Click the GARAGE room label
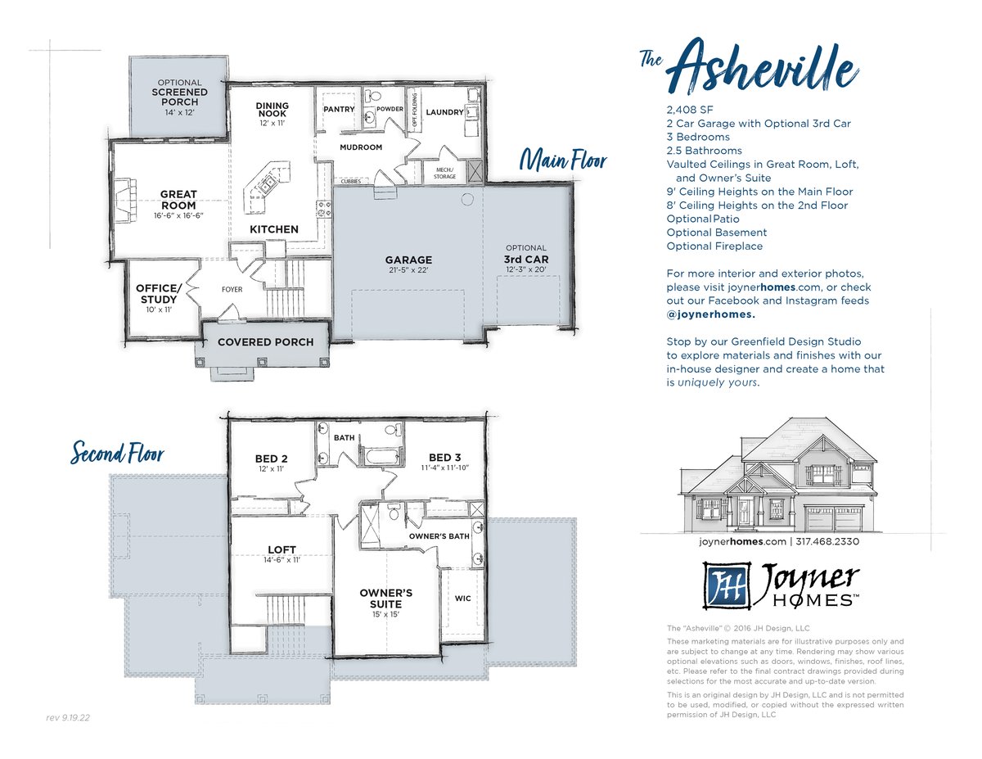[x=408, y=260]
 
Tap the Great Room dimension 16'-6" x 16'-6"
[x=178, y=215]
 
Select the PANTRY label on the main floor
[x=339, y=109]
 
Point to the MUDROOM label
[x=361, y=147]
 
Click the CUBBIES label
[x=351, y=181]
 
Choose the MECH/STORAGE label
[x=444, y=173]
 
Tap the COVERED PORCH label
[x=265, y=341]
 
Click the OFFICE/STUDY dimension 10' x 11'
[x=159, y=309]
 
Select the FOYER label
[x=232, y=289]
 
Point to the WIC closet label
[x=462, y=598]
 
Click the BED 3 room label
[x=444, y=458]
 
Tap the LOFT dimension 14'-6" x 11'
[x=282, y=560]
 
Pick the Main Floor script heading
[x=563, y=161]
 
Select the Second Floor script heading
[x=117, y=452]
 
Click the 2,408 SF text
[x=690, y=110]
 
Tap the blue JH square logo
[x=727, y=585]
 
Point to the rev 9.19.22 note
[x=68, y=717]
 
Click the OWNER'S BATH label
[x=439, y=536]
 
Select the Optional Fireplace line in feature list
[x=714, y=246]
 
